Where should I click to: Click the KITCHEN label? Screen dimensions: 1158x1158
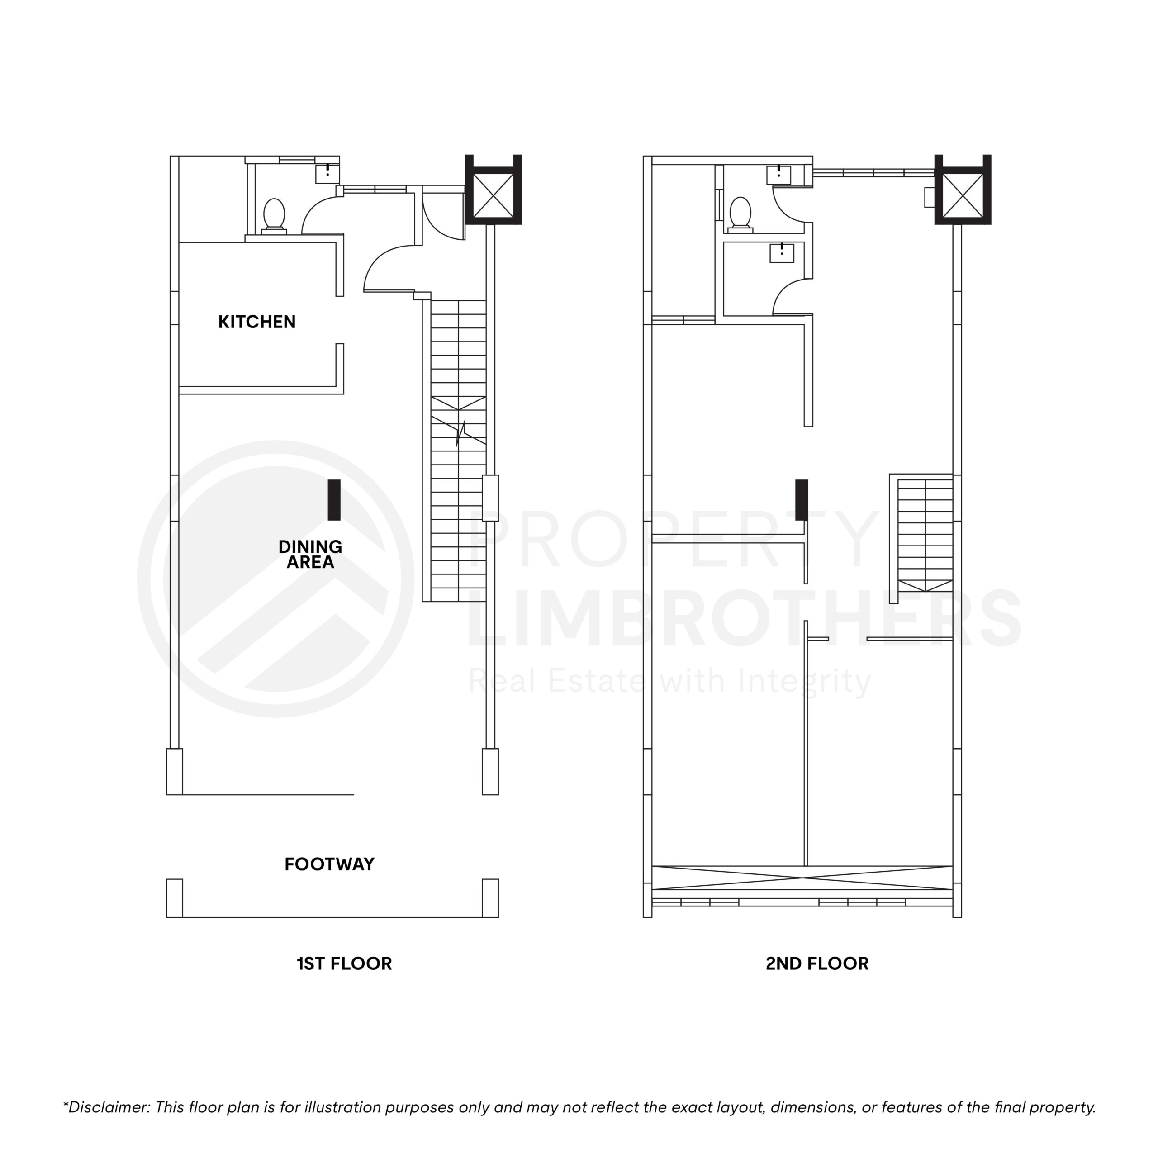(256, 322)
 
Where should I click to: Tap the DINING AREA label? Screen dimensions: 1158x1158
(310, 555)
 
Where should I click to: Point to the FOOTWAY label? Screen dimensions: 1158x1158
(329, 864)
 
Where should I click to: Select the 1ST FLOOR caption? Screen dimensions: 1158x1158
(344, 964)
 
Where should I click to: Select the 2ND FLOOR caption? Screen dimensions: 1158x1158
(817, 964)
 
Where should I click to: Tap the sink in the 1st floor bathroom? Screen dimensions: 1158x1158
(327, 174)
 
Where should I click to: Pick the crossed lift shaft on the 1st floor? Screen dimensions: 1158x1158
(494, 196)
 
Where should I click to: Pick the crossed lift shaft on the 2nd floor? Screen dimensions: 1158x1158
(963, 196)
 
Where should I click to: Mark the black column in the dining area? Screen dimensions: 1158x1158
(334, 500)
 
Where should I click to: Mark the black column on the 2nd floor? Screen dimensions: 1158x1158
(802, 500)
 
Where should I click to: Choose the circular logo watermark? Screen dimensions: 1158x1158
(276, 579)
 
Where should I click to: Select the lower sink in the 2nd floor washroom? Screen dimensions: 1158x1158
(782, 253)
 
